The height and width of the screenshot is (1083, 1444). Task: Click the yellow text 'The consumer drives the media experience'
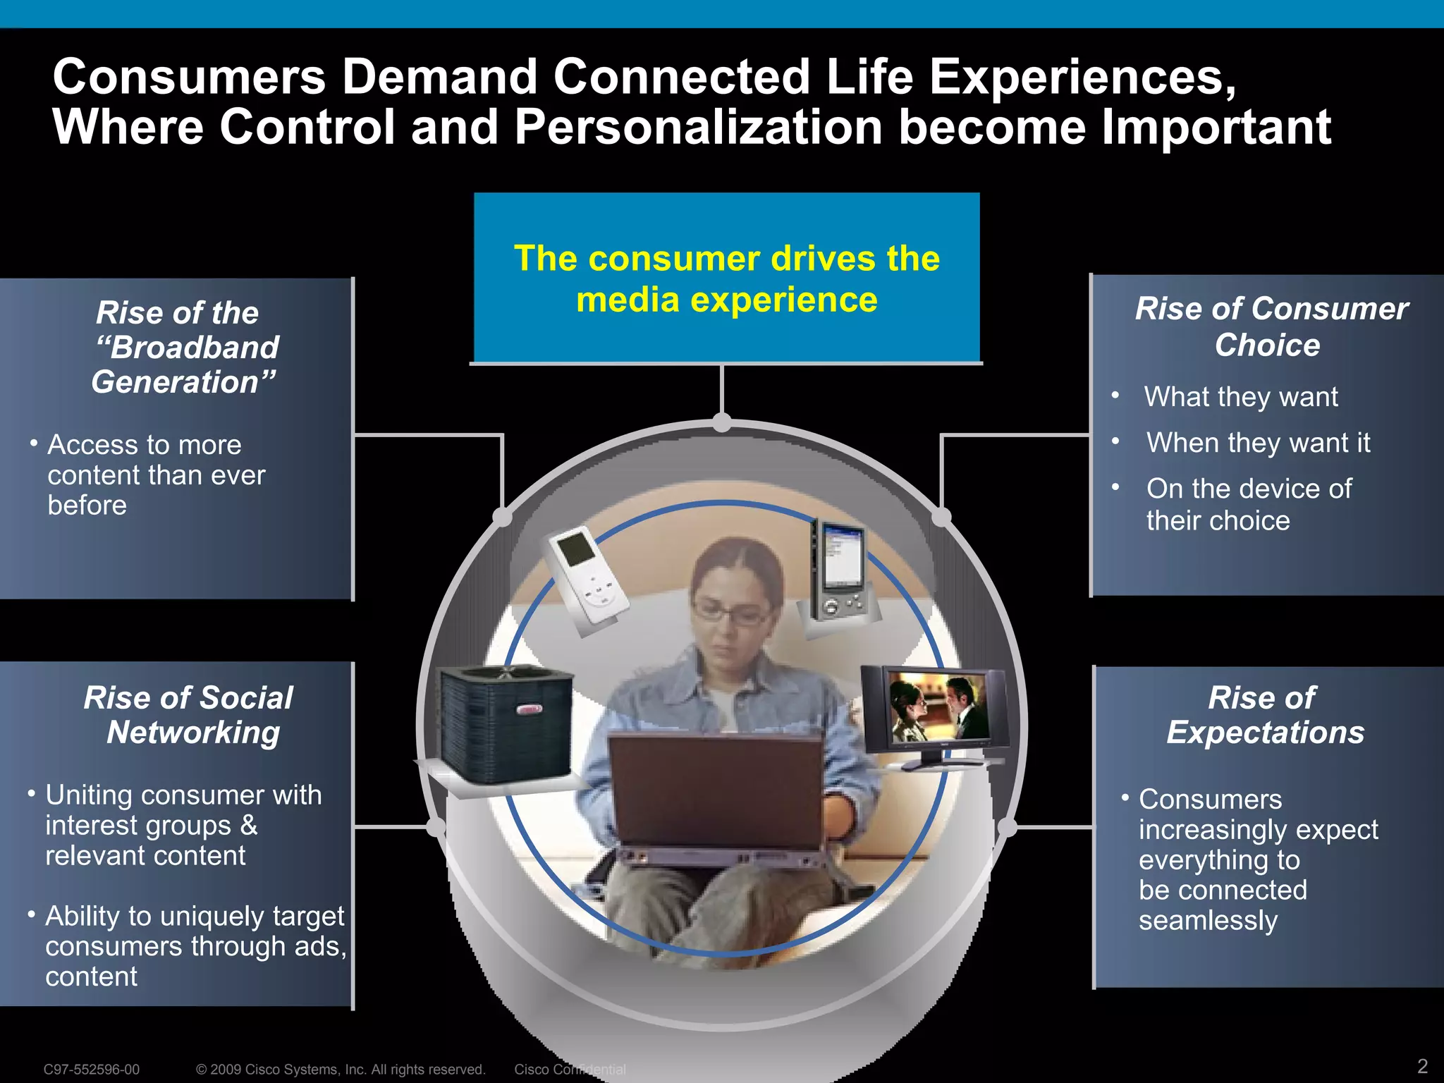(x=726, y=279)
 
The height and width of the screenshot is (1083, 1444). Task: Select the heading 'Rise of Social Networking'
(x=189, y=715)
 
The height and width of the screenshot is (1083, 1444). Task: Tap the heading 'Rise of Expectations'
(x=1264, y=715)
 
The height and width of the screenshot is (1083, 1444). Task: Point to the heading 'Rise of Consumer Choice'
(x=1271, y=326)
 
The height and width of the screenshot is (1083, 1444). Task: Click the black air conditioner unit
(x=505, y=723)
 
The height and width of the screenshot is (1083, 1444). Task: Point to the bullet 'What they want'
(x=1240, y=397)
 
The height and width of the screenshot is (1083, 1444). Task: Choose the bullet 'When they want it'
(x=1258, y=443)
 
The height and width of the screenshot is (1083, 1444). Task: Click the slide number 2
(x=1422, y=1065)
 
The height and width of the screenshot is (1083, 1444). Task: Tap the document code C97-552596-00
(x=92, y=1070)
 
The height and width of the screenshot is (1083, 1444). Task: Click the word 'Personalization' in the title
(x=698, y=128)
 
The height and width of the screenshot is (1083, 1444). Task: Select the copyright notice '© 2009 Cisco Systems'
(x=341, y=1070)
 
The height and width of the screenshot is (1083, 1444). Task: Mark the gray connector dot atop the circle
(x=722, y=422)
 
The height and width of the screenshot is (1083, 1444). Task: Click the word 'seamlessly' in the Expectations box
(x=1208, y=921)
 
